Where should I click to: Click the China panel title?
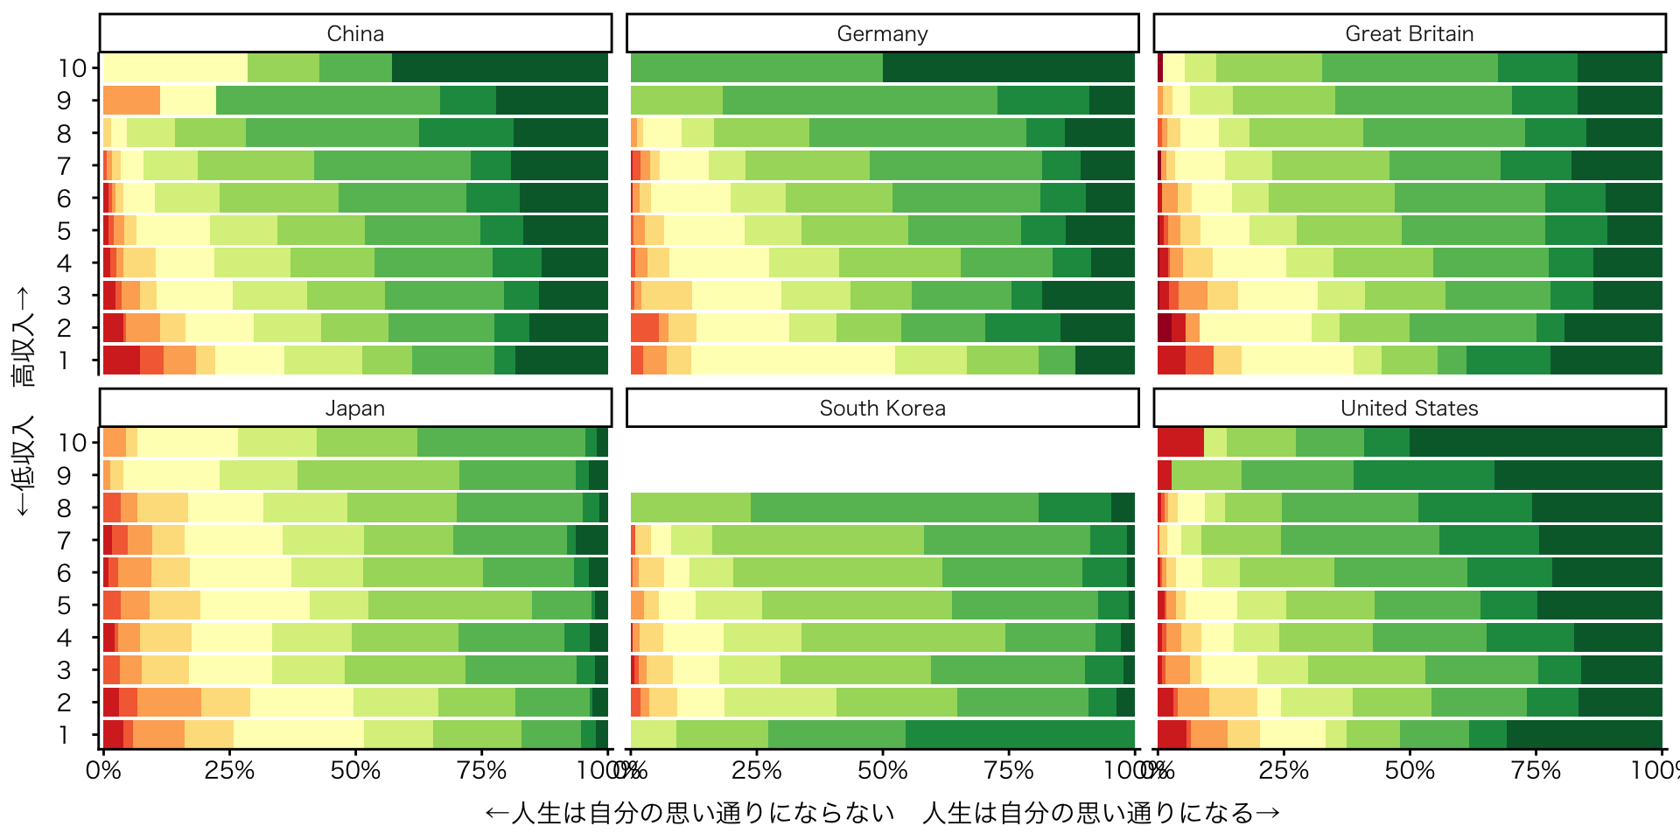pyautogui.click(x=355, y=33)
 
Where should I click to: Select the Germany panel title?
pyautogui.click(x=882, y=33)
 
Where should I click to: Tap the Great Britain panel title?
pyautogui.click(x=1409, y=33)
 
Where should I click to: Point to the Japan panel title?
pyautogui.click(x=355, y=408)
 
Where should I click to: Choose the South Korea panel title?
pyautogui.click(x=882, y=408)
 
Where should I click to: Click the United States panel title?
pyautogui.click(x=1409, y=408)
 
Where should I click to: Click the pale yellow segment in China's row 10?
pyautogui.click(x=175, y=67)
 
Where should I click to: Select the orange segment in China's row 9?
pyautogui.click(x=131, y=101)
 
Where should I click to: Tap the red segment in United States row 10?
pyautogui.click(x=1180, y=443)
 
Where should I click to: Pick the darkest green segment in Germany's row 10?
pyautogui.click(x=1009, y=67)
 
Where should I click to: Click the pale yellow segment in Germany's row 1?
pyautogui.click(x=793, y=360)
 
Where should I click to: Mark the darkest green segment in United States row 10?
pyautogui.click(x=1536, y=443)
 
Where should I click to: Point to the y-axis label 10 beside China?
pyautogui.click(x=73, y=68)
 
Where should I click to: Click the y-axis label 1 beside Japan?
pyautogui.click(x=64, y=735)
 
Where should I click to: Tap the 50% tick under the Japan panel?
pyautogui.click(x=355, y=771)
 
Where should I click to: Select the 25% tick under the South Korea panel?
pyautogui.click(x=756, y=771)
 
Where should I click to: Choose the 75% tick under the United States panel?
pyautogui.click(x=1536, y=771)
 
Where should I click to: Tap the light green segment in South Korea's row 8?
pyautogui.click(x=690, y=507)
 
